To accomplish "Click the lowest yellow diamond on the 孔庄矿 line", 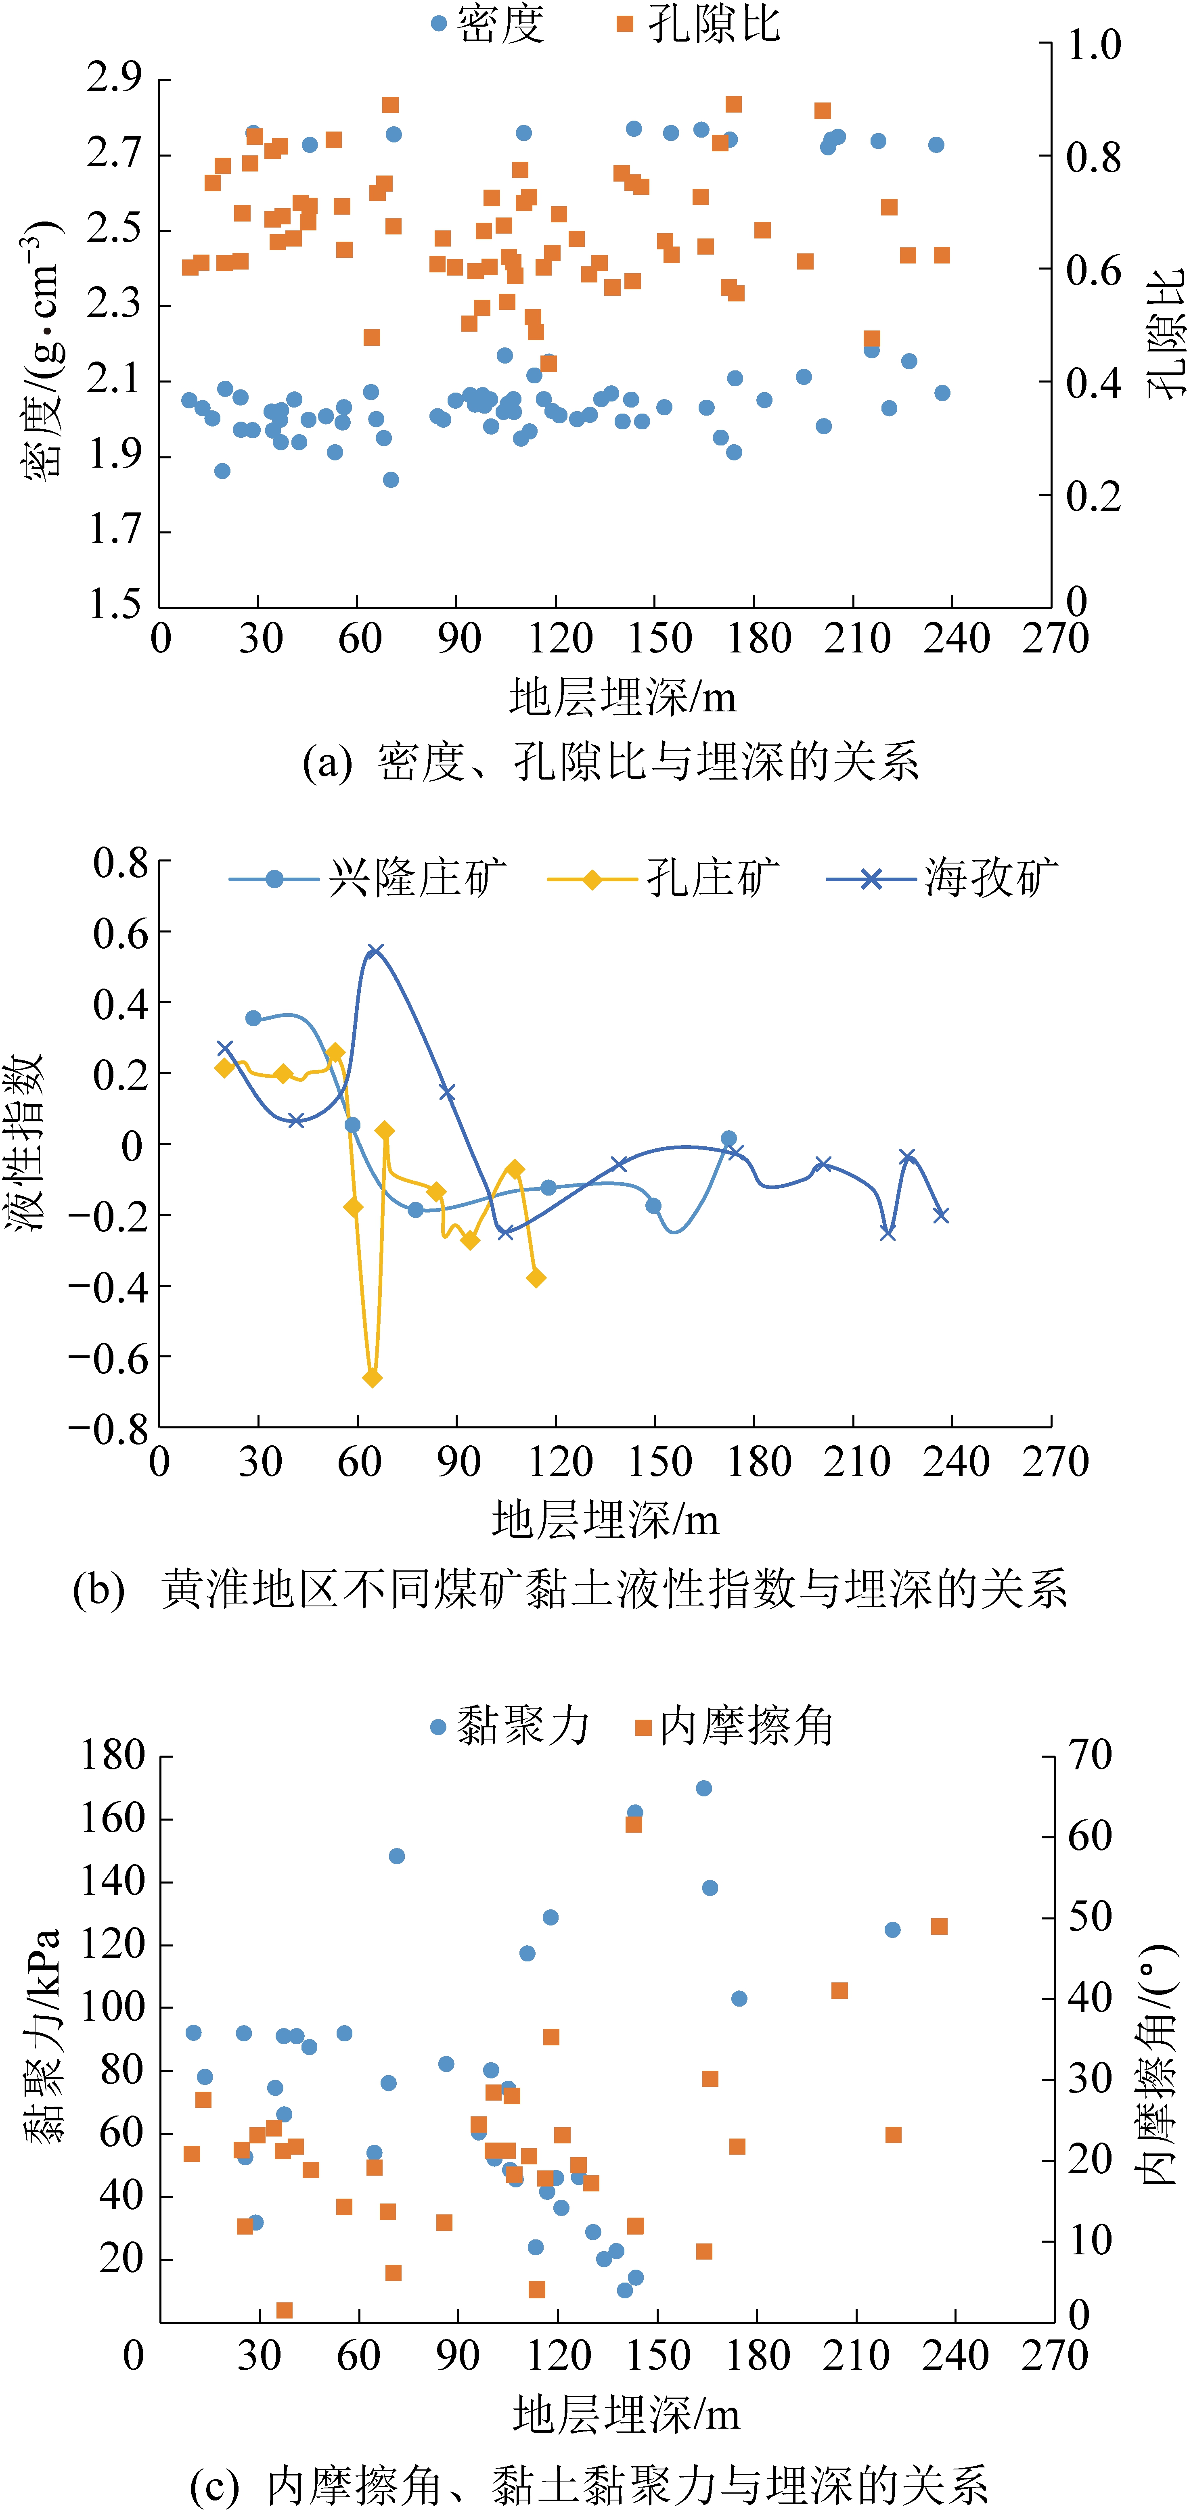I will coord(372,1378).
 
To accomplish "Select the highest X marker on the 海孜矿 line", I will coord(375,951).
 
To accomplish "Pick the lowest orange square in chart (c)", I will coord(284,2310).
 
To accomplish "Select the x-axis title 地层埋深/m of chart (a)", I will coord(622,697).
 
